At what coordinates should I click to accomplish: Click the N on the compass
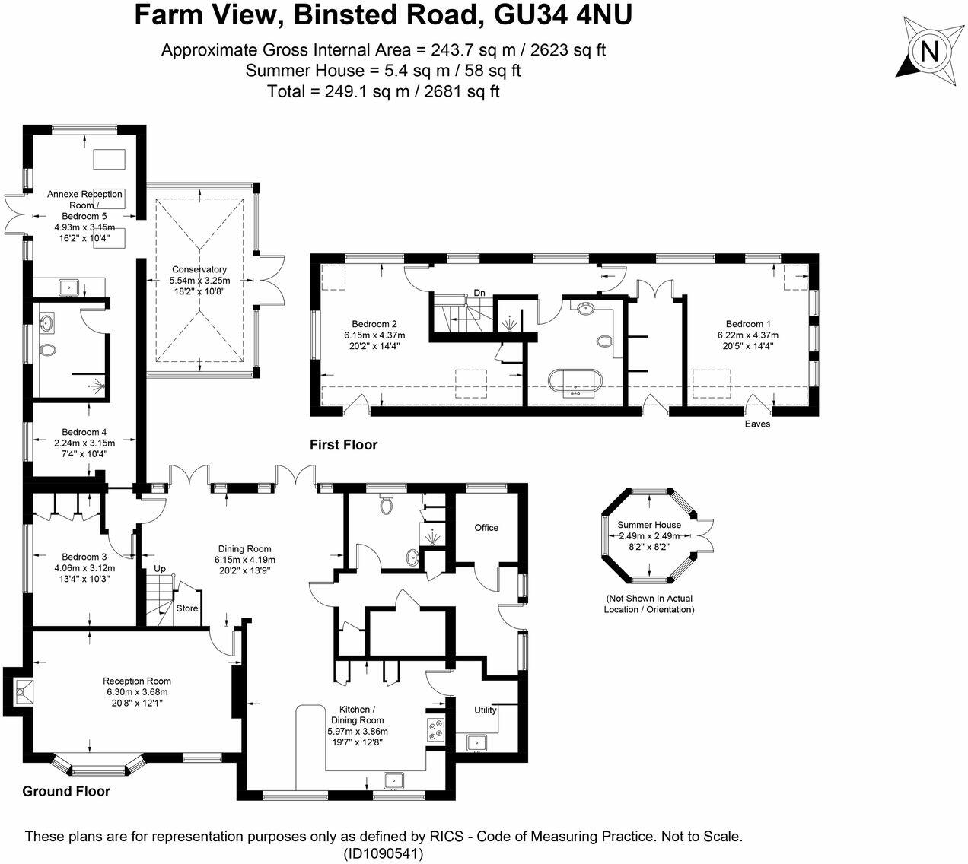[x=929, y=51]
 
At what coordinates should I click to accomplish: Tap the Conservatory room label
[x=199, y=269]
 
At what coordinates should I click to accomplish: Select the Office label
[x=486, y=528]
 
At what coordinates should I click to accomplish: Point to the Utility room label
[x=486, y=710]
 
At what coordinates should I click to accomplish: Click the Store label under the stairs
[x=187, y=608]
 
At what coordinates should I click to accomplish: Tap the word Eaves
[x=757, y=424]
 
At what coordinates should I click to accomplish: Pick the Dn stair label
[x=479, y=293]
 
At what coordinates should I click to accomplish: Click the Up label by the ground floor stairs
[x=160, y=569]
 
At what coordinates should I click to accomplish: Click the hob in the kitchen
[x=436, y=729]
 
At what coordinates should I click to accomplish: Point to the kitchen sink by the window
[x=393, y=780]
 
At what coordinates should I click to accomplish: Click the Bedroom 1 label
[x=748, y=324]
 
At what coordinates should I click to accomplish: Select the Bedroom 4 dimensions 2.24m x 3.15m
[x=84, y=443]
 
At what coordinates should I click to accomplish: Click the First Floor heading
[x=343, y=445]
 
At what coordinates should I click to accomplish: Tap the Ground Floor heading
[x=66, y=792]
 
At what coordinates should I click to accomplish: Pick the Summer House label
[x=649, y=525]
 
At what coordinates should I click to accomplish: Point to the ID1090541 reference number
[x=384, y=854]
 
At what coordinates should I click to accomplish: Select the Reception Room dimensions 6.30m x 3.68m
[x=138, y=692]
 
